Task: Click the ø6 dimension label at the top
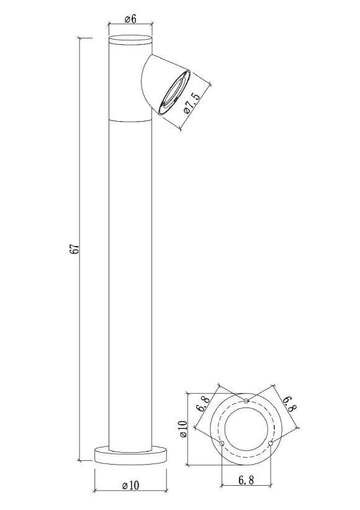click(x=130, y=19)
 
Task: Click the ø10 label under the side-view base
click(x=130, y=485)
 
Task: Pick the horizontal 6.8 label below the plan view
click(x=246, y=481)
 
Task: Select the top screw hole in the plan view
click(x=246, y=401)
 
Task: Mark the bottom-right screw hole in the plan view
click(x=271, y=443)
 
